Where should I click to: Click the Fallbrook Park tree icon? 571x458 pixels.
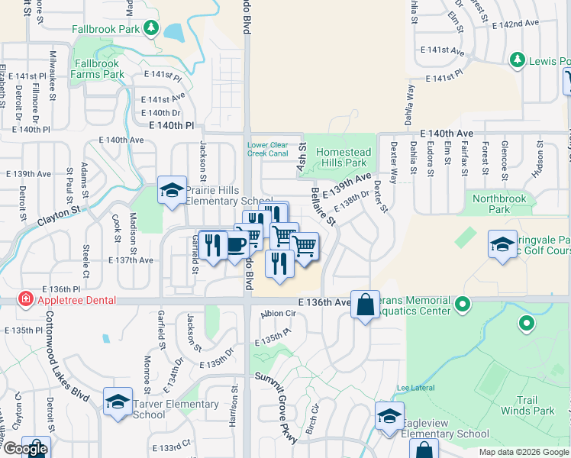[151, 29]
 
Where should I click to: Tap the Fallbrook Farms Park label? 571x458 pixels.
[98, 69]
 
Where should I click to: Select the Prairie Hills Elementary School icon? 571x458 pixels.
[172, 191]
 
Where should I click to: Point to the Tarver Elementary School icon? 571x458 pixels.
[118, 402]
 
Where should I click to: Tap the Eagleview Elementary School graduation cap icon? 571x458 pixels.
[389, 418]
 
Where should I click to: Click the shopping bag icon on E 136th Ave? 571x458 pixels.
[366, 305]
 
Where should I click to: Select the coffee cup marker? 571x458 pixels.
[237, 245]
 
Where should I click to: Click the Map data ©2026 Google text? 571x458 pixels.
[522, 452]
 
